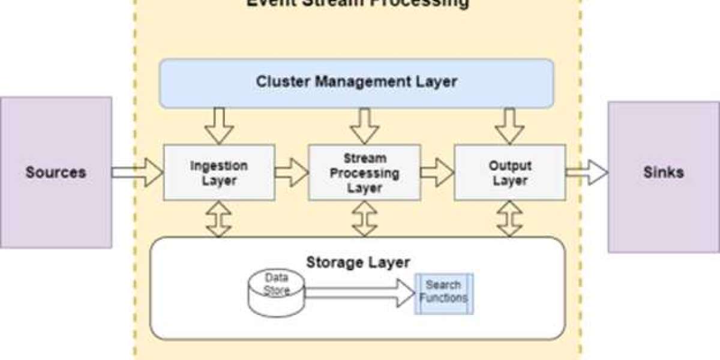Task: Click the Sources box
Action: click(55, 173)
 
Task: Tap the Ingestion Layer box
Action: click(219, 172)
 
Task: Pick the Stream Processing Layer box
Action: click(364, 173)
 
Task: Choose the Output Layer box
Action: click(509, 172)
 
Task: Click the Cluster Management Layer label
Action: click(356, 82)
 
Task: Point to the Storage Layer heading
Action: click(358, 262)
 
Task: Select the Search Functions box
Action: click(444, 293)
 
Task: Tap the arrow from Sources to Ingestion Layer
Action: click(137, 172)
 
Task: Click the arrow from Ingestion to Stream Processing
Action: click(292, 172)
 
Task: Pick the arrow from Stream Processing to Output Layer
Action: click(437, 172)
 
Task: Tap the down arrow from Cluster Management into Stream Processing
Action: click(364, 126)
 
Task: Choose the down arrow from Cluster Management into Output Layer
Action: click(509, 126)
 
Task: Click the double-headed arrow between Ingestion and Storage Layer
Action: click(219, 218)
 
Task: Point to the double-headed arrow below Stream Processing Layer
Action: click(364, 218)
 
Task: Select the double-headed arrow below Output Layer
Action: click(509, 218)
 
